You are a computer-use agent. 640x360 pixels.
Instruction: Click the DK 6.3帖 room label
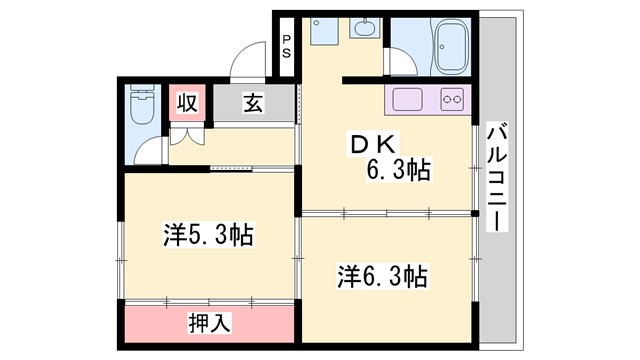point(390,158)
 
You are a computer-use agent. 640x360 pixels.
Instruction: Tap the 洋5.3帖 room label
point(208,236)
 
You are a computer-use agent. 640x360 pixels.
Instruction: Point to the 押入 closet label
point(210,323)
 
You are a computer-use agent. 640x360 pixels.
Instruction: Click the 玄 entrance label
point(253,103)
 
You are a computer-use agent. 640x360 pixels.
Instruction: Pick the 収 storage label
point(187,103)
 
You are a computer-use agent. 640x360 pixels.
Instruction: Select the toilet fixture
point(140,104)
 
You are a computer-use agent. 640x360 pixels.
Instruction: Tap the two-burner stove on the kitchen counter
point(452,100)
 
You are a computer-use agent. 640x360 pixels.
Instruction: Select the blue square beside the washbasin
point(322,33)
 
